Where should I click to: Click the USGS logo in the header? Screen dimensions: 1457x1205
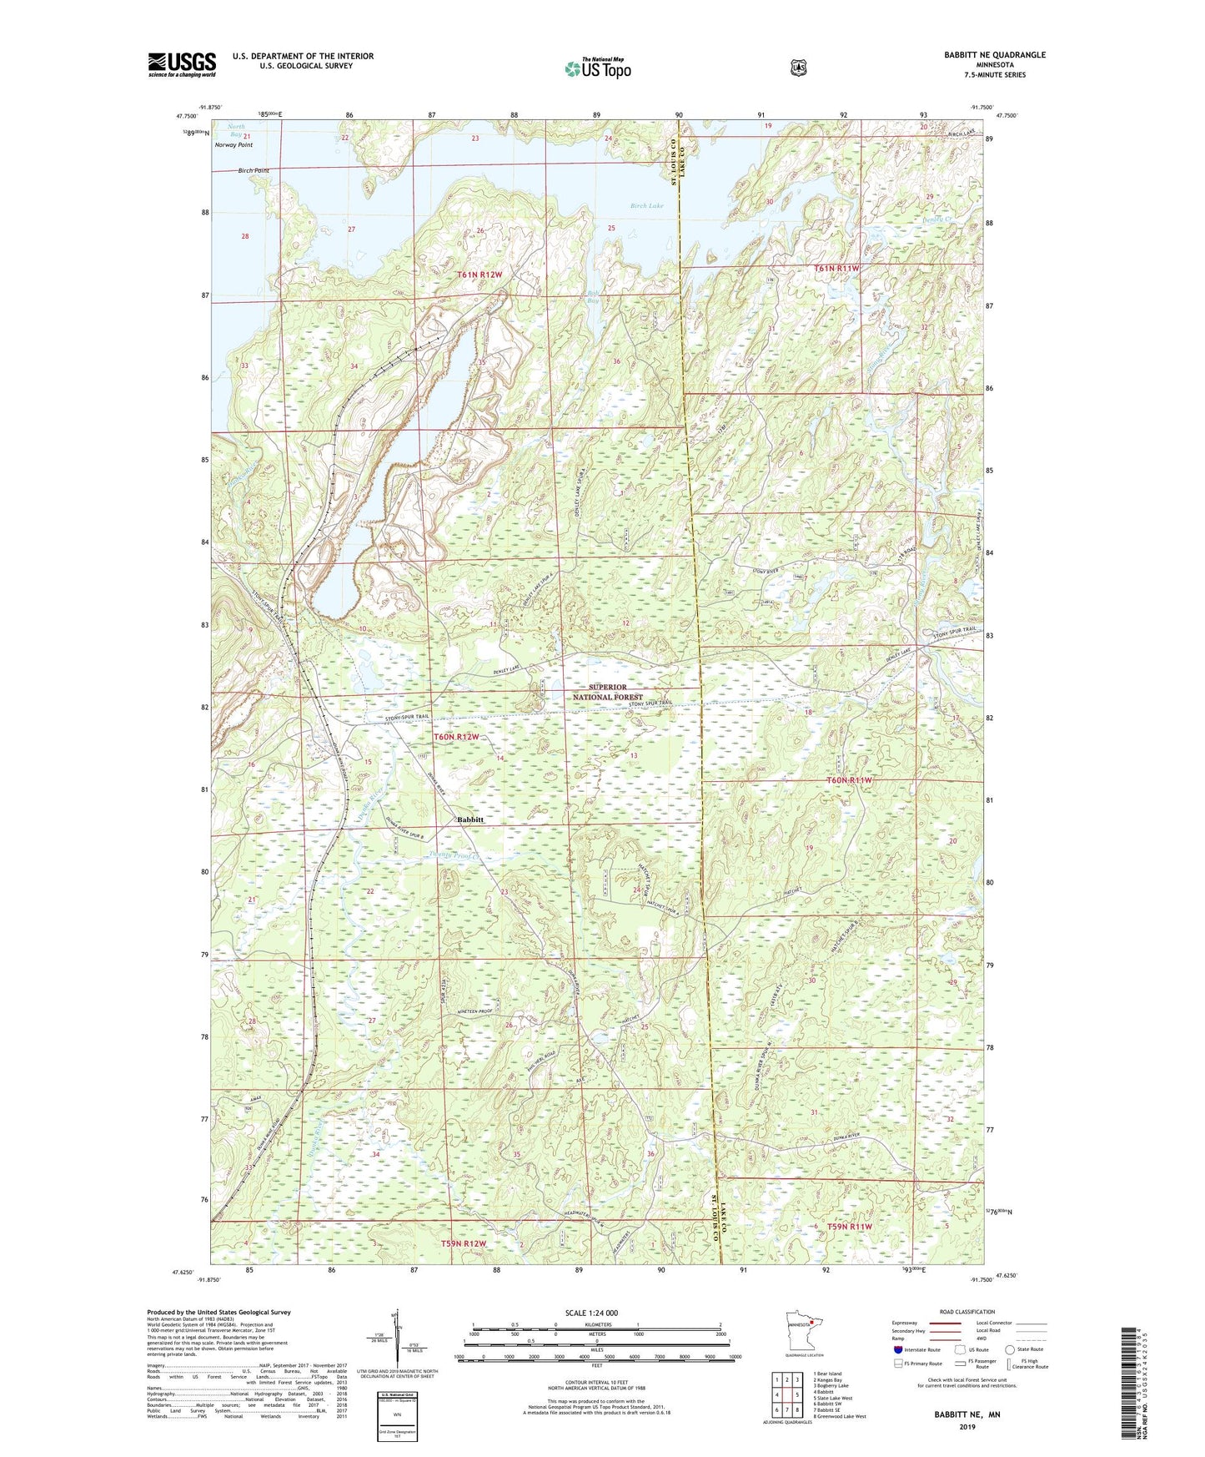click(x=182, y=64)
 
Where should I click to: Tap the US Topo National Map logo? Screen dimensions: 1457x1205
click(x=596, y=68)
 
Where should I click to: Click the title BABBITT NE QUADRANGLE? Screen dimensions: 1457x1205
click(x=994, y=55)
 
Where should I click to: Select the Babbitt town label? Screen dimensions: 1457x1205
click(x=470, y=819)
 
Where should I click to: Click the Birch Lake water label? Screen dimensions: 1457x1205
click(x=647, y=205)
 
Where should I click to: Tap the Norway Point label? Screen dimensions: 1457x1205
click(x=233, y=145)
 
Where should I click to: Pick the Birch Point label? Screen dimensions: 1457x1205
click(x=253, y=170)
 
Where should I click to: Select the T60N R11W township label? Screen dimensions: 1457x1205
click(x=848, y=780)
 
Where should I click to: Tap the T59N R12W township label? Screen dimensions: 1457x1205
click(x=463, y=1243)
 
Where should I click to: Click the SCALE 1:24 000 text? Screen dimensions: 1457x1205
click(x=591, y=1313)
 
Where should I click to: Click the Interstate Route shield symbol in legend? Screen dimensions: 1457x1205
click(x=897, y=1349)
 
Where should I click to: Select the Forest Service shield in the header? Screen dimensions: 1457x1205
click(x=798, y=68)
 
